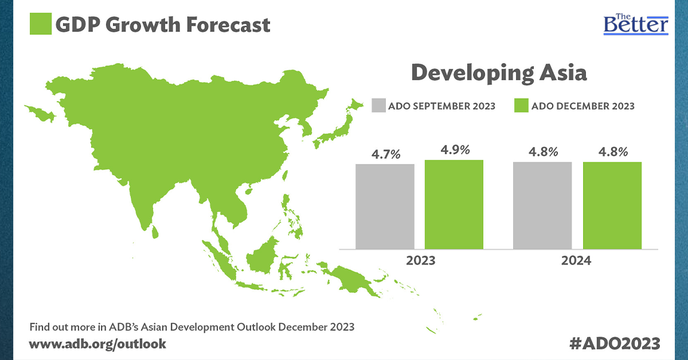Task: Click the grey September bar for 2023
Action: coord(385,206)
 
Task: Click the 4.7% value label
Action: coord(385,154)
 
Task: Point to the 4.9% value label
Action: coord(455,150)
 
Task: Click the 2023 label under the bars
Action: coord(420,260)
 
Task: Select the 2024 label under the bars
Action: coord(577,260)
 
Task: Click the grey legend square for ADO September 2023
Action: coord(378,106)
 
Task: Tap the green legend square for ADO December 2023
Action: coord(521,106)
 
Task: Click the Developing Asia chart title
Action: coord(499,73)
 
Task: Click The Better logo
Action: coord(636,24)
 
